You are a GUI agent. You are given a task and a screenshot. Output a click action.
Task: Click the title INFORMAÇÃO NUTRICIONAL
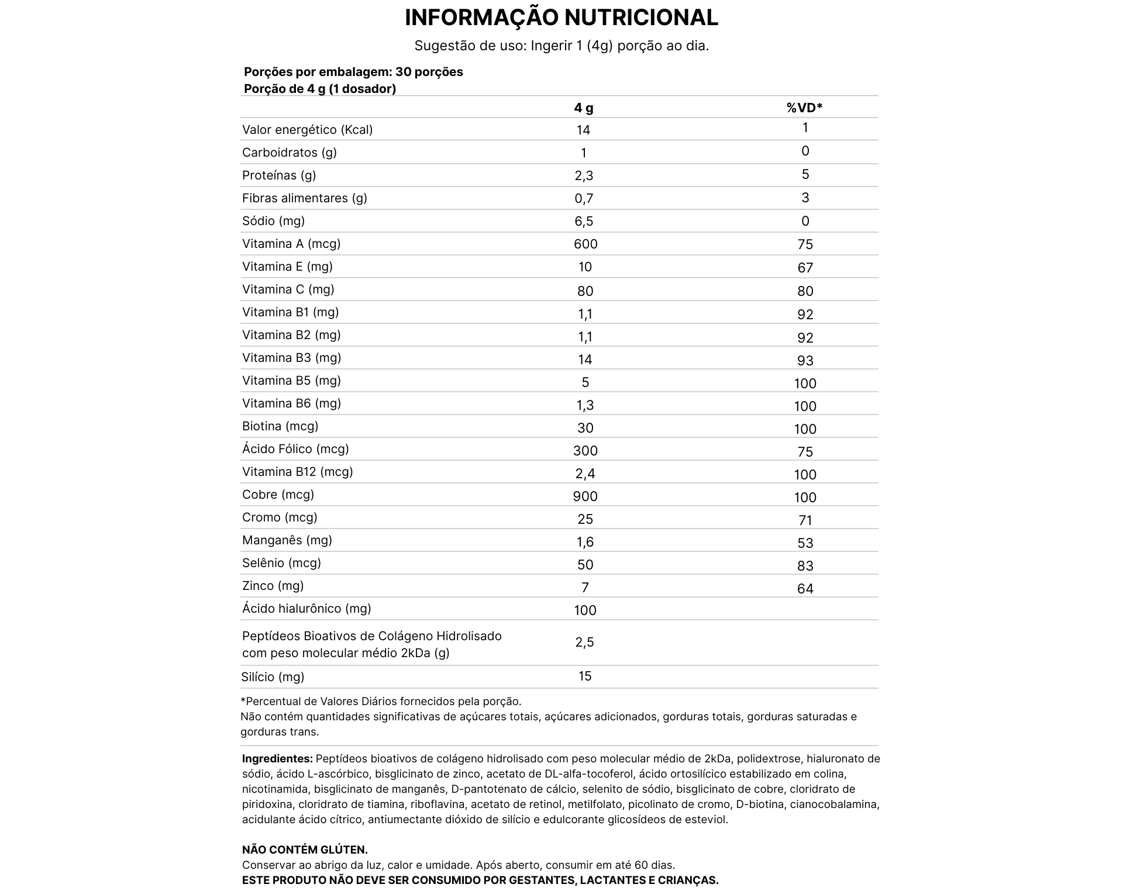(x=561, y=18)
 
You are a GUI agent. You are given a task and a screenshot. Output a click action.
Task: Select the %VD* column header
(x=804, y=108)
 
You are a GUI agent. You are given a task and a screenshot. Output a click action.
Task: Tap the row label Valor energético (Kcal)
(x=307, y=130)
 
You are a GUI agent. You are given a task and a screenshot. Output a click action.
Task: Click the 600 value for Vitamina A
(x=585, y=244)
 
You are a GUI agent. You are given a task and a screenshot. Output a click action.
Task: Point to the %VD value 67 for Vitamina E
(x=805, y=268)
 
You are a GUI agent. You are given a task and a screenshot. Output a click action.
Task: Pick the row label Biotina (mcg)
(x=280, y=426)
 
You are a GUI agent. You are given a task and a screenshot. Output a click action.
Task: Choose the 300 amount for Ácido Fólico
(x=585, y=451)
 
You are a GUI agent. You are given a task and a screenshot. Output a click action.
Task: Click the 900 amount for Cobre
(x=585, y=496)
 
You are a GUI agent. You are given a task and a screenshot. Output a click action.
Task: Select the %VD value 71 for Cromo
(x=805, y=520)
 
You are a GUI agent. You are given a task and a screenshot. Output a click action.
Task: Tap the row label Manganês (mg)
(x=287, y=540)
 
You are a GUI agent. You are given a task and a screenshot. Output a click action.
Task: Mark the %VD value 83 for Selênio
(x=805, y=566)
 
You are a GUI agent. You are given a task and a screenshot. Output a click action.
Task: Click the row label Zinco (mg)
(x=273, y=586)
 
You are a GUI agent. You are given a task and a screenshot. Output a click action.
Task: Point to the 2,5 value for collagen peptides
(x=584, y=643)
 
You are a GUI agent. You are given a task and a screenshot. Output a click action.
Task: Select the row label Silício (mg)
(x=273, y=677)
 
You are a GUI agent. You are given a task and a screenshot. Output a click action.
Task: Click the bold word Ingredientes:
(x=277, y=759)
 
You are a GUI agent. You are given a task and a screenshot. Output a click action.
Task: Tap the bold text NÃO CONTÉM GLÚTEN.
(x=305, y=850)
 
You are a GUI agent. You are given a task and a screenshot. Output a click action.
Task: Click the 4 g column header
(x=584, y=108)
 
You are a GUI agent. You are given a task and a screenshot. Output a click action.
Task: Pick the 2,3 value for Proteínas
(x=584, y=175)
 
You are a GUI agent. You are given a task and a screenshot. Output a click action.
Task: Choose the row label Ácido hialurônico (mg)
(x=306, y=609)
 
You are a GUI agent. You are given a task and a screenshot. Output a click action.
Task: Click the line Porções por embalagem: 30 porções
(x=353, y=72)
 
